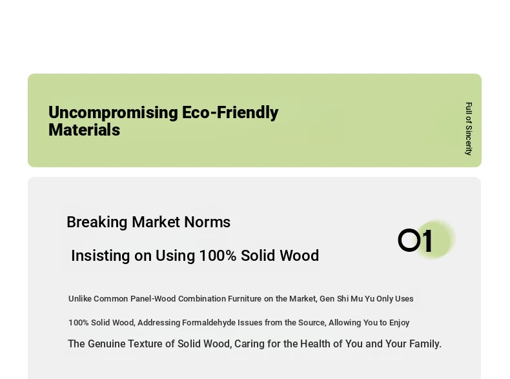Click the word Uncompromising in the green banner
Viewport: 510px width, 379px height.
point(113,113)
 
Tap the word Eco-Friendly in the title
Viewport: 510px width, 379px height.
point(230,112)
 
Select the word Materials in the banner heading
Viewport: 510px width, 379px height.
point(84,130)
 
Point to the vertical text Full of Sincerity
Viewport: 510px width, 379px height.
point(469,129)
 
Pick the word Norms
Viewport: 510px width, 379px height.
point(207,222)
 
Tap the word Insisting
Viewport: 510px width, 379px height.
point(101,256)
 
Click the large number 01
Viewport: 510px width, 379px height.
point(415,241)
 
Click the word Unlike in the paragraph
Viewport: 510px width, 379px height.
point(79,299)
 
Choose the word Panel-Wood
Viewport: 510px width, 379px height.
point(153,299)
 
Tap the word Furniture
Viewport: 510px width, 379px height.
point(245,299)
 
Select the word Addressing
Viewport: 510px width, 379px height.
point(159,323)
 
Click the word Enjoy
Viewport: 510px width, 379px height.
point(400,323)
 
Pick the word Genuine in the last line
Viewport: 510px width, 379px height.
point(107,344)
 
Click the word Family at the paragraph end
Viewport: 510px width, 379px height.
point(425,344)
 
